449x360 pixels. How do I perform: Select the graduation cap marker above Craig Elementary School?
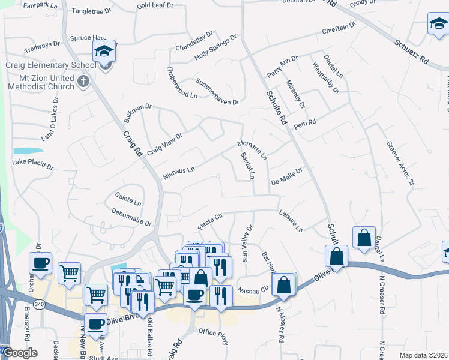tap(104, 50)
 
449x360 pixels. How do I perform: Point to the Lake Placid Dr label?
tap(33, 163)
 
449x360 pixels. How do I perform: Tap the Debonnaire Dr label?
tap(131, 217)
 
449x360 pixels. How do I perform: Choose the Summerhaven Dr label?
tap(217, 91)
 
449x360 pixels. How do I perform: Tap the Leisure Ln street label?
tap(291, 221)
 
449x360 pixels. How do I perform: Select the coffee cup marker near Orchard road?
tap(41, 263)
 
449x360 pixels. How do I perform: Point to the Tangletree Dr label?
tap(91, 11)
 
